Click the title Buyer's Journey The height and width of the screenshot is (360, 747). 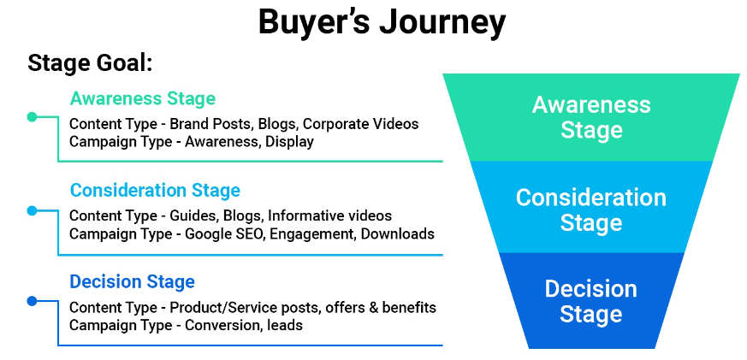click(382, 24)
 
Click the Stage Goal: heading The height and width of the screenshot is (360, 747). click(90, 63)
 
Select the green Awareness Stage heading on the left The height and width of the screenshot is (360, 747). click(143, 98)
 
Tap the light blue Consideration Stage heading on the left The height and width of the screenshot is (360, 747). click(155, 190)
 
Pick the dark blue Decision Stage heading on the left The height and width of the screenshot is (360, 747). click(133, 281)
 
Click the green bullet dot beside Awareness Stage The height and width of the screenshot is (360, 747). click(32, 117)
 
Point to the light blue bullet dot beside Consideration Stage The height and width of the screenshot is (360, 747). click(32, 210)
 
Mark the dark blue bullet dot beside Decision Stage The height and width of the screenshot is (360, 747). click(32, 301)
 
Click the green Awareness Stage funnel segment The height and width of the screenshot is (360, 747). click(590, 117)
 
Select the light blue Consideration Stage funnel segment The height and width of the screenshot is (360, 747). click(590, 210)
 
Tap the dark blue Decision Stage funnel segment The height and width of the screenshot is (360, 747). click(590, 301)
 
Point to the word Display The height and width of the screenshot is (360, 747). click(289, 142)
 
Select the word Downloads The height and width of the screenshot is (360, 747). click(396, 233)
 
